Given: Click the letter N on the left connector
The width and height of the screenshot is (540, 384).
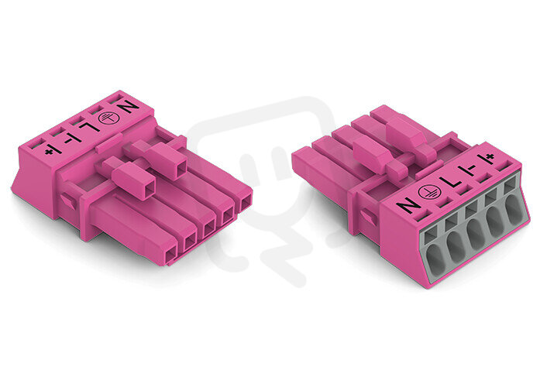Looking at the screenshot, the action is [128, 108].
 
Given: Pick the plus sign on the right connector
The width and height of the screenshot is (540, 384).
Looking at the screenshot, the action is [488, 158].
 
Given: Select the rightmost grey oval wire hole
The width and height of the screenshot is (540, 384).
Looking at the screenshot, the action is [514, 211].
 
